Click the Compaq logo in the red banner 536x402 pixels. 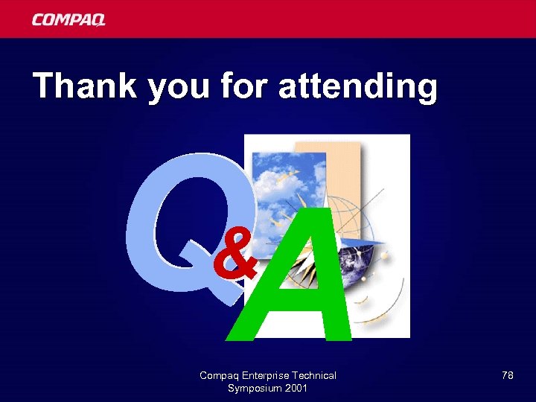coord(68,20)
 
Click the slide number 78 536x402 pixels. coord(507,375)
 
